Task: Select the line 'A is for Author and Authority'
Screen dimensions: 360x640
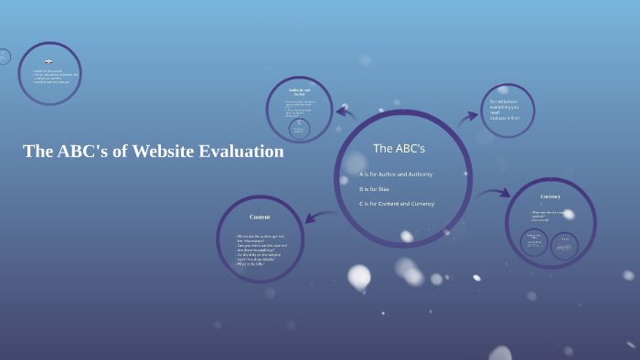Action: (396, 174)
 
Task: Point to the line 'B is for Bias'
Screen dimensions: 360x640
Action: (375, 188)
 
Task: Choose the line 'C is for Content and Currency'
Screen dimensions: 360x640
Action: (397, 203)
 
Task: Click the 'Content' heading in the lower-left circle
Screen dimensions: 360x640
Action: (260, 217)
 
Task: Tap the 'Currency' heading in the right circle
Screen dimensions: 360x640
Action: (550, 196)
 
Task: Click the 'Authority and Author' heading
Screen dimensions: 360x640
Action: (299, 91)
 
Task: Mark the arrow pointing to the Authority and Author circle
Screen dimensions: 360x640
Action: (346, 112)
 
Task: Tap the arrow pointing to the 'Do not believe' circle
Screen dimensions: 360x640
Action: (468, 116)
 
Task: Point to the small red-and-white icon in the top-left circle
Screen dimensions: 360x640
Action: (48, 62)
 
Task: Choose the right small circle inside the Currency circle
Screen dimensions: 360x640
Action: (564, 244)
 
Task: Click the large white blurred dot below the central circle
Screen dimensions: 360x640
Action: (359, 276)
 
